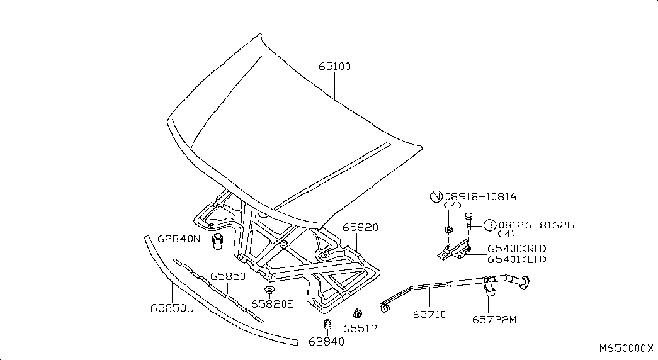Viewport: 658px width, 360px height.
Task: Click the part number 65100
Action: pyautogui.click(x=334, y=66)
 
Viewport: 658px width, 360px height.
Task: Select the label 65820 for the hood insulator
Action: pyautogui.click(x=360, y=227)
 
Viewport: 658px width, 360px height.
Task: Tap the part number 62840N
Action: pyautogui.click(x=179, y=239)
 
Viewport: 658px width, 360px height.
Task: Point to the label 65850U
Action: pyautogui.click(x=172, y=308)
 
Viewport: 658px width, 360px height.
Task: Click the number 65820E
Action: pyautogui.click(x=273, y=304)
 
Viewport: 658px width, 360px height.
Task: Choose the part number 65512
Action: pyautogui.click(x=360, y=329)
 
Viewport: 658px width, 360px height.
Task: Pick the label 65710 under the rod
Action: pyautogui.click(x=429, y=314)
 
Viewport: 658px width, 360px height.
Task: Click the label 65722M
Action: pyautogui.click(x=494, y=320)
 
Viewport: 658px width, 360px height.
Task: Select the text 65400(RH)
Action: pyautogui.click(x=517, y=249)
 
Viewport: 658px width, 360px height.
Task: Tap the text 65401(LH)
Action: pyautogui.click(x=517, y=260)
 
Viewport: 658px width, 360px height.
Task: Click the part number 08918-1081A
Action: pyautogui.click(x=480, y=197)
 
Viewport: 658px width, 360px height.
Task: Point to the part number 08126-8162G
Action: pyautogui.click(x=536, y=225)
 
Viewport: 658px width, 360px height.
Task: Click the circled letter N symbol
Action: pyautogui.click(x=436, y=196)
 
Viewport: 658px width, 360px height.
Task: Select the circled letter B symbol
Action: pyautogui.click(x=490, y=225)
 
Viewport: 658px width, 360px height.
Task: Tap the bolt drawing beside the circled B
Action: pyautogui.click(x=468, y=222)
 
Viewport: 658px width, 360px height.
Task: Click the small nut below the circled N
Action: pyautogui.click(x=448, y=230)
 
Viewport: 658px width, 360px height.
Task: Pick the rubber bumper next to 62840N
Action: pyautogui.click(x=217, y=242)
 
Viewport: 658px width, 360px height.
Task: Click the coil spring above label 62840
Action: pyautogui.click(x=328, y=325)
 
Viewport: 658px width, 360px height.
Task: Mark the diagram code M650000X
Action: pyautogui.click(x=626, y=348)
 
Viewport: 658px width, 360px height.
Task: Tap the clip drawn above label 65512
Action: pyautogui.click(x=358, y=313)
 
